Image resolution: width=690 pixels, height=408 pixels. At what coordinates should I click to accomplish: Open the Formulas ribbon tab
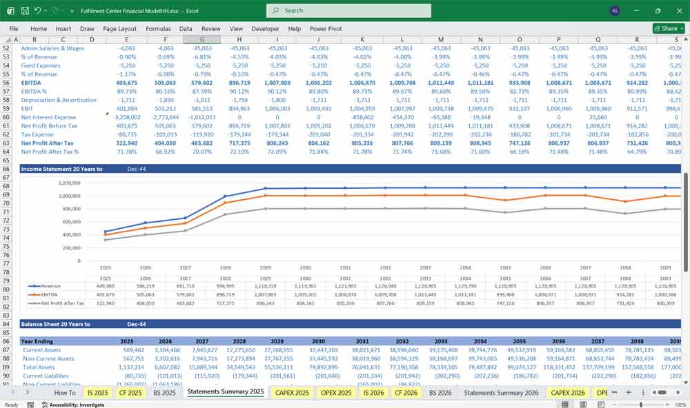(x=158, y=29)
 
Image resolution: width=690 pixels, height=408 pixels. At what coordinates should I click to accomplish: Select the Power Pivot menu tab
(x=326, y=29)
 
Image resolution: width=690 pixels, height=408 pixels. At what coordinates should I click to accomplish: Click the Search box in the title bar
(x=348, y=10)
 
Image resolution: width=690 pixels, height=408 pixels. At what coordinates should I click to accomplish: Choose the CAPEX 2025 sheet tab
(x=293, y=392)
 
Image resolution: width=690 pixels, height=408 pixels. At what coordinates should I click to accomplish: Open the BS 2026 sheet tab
(x=440, y=392)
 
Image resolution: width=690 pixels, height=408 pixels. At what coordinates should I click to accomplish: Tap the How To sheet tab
(x=65, y=392)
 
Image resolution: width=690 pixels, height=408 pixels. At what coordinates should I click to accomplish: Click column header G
(x=202, y=39)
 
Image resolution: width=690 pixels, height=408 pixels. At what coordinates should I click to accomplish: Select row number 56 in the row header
(x=8, y=82)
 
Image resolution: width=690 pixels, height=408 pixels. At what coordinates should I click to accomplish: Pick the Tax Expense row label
(x=39, y=134)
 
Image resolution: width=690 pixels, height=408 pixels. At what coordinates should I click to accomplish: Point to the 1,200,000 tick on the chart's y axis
(x=67, y=183)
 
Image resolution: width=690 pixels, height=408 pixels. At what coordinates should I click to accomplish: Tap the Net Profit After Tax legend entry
(x=62, y=303)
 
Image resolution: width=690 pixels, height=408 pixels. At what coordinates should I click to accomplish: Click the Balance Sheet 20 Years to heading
(x=61, y=324)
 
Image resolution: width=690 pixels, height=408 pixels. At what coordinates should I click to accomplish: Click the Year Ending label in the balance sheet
(x=37, y=341)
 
